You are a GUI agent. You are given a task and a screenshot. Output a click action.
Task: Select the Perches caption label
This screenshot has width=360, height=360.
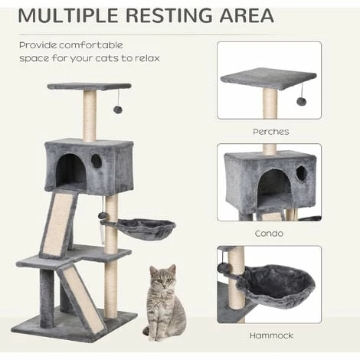[270, 132]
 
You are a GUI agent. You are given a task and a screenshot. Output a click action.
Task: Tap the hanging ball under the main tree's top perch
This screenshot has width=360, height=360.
[118, 110]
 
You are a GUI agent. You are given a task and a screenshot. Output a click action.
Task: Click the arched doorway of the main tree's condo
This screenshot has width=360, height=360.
[70, 170]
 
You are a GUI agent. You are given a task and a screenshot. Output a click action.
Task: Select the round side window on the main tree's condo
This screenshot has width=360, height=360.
[97, 161]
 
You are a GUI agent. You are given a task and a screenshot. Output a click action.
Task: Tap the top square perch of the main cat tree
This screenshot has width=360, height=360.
[89, 86]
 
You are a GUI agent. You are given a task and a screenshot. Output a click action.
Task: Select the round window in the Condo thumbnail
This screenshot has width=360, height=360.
[301, 174]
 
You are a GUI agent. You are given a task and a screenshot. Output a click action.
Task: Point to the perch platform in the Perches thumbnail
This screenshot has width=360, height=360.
[267, 77]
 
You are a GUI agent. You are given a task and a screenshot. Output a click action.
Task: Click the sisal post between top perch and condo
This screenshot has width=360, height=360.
[89, 115]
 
